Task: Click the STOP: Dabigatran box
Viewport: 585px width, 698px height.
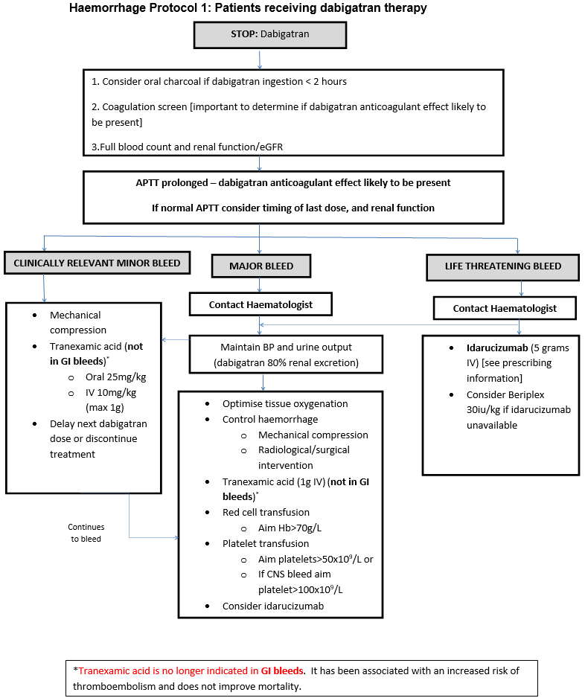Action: click(x=270, y=34)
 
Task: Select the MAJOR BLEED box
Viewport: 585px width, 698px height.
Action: click(x=260, y=266)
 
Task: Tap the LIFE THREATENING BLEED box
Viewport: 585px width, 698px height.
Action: click(x=503, y=266)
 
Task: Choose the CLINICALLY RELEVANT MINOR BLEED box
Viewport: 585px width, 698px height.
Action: click(x=96, y=263)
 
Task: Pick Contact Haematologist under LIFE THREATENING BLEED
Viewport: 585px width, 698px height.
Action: click(x=505, y=308)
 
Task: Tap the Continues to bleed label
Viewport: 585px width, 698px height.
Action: click(x=86, y=533)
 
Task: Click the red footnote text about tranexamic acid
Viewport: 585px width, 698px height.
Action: click(x=191, y=670)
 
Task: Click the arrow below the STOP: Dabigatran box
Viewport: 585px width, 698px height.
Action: click(x=260, y=59)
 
